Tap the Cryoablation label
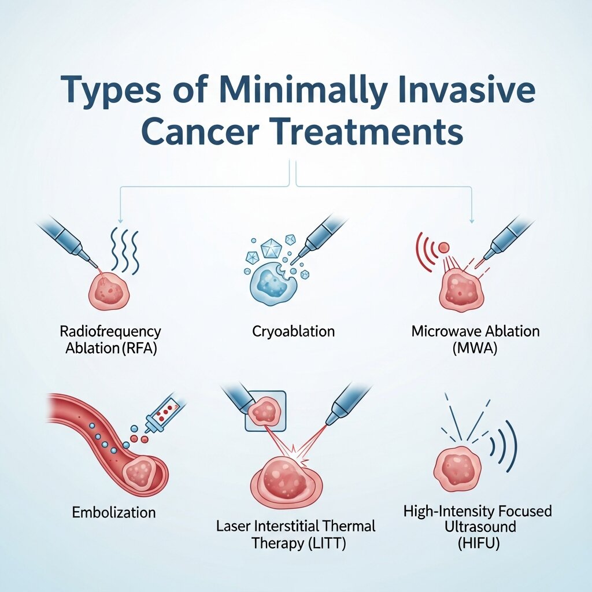click(294, 332)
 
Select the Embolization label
click(114, 512)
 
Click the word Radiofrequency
click(110, 332)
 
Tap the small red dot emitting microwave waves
click(443, 247)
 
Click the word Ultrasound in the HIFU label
click(477, 527)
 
